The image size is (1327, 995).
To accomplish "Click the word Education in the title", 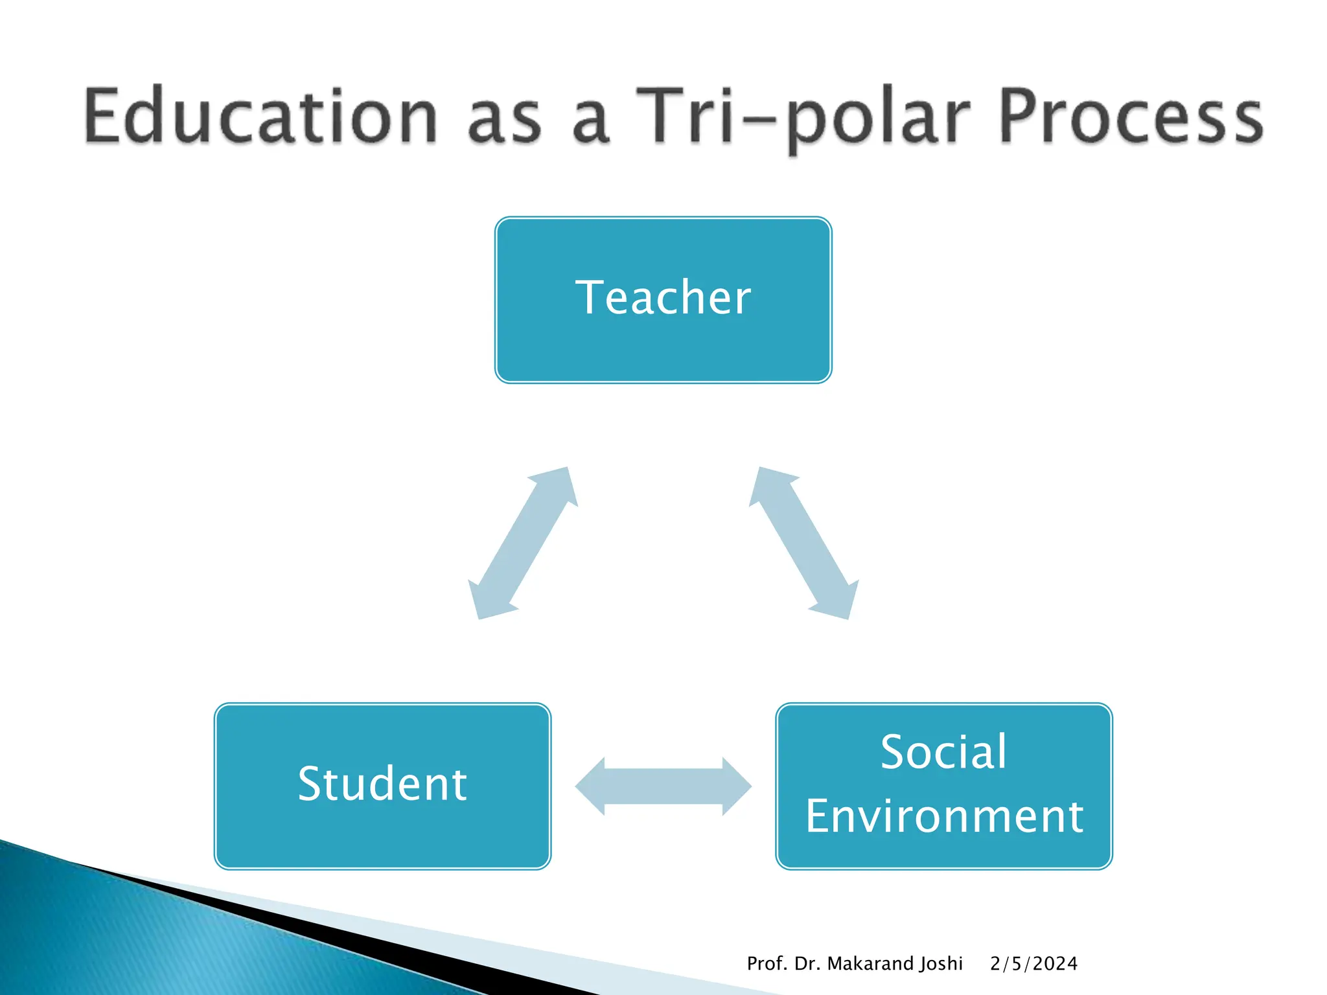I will click(259, 117).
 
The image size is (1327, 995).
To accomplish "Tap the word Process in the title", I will click(1131, 117).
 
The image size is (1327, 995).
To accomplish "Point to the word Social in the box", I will click(943, 752).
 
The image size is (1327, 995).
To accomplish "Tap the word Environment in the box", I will click(944, 816).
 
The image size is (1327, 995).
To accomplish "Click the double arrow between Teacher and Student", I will click(523, 543).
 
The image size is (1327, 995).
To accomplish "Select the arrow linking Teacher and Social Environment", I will click(803, 543).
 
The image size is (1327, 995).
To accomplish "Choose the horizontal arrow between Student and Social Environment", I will click(663, 786).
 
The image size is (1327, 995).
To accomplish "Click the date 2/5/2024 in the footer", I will click(1033, 964).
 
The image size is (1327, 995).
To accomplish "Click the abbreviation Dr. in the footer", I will click(807, 964).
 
